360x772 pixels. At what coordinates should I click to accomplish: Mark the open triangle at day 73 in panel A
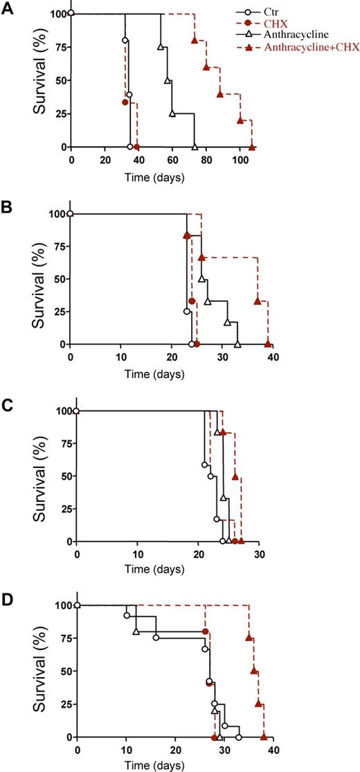click(195, 147)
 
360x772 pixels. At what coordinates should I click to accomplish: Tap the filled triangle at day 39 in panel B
click(268, 344)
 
